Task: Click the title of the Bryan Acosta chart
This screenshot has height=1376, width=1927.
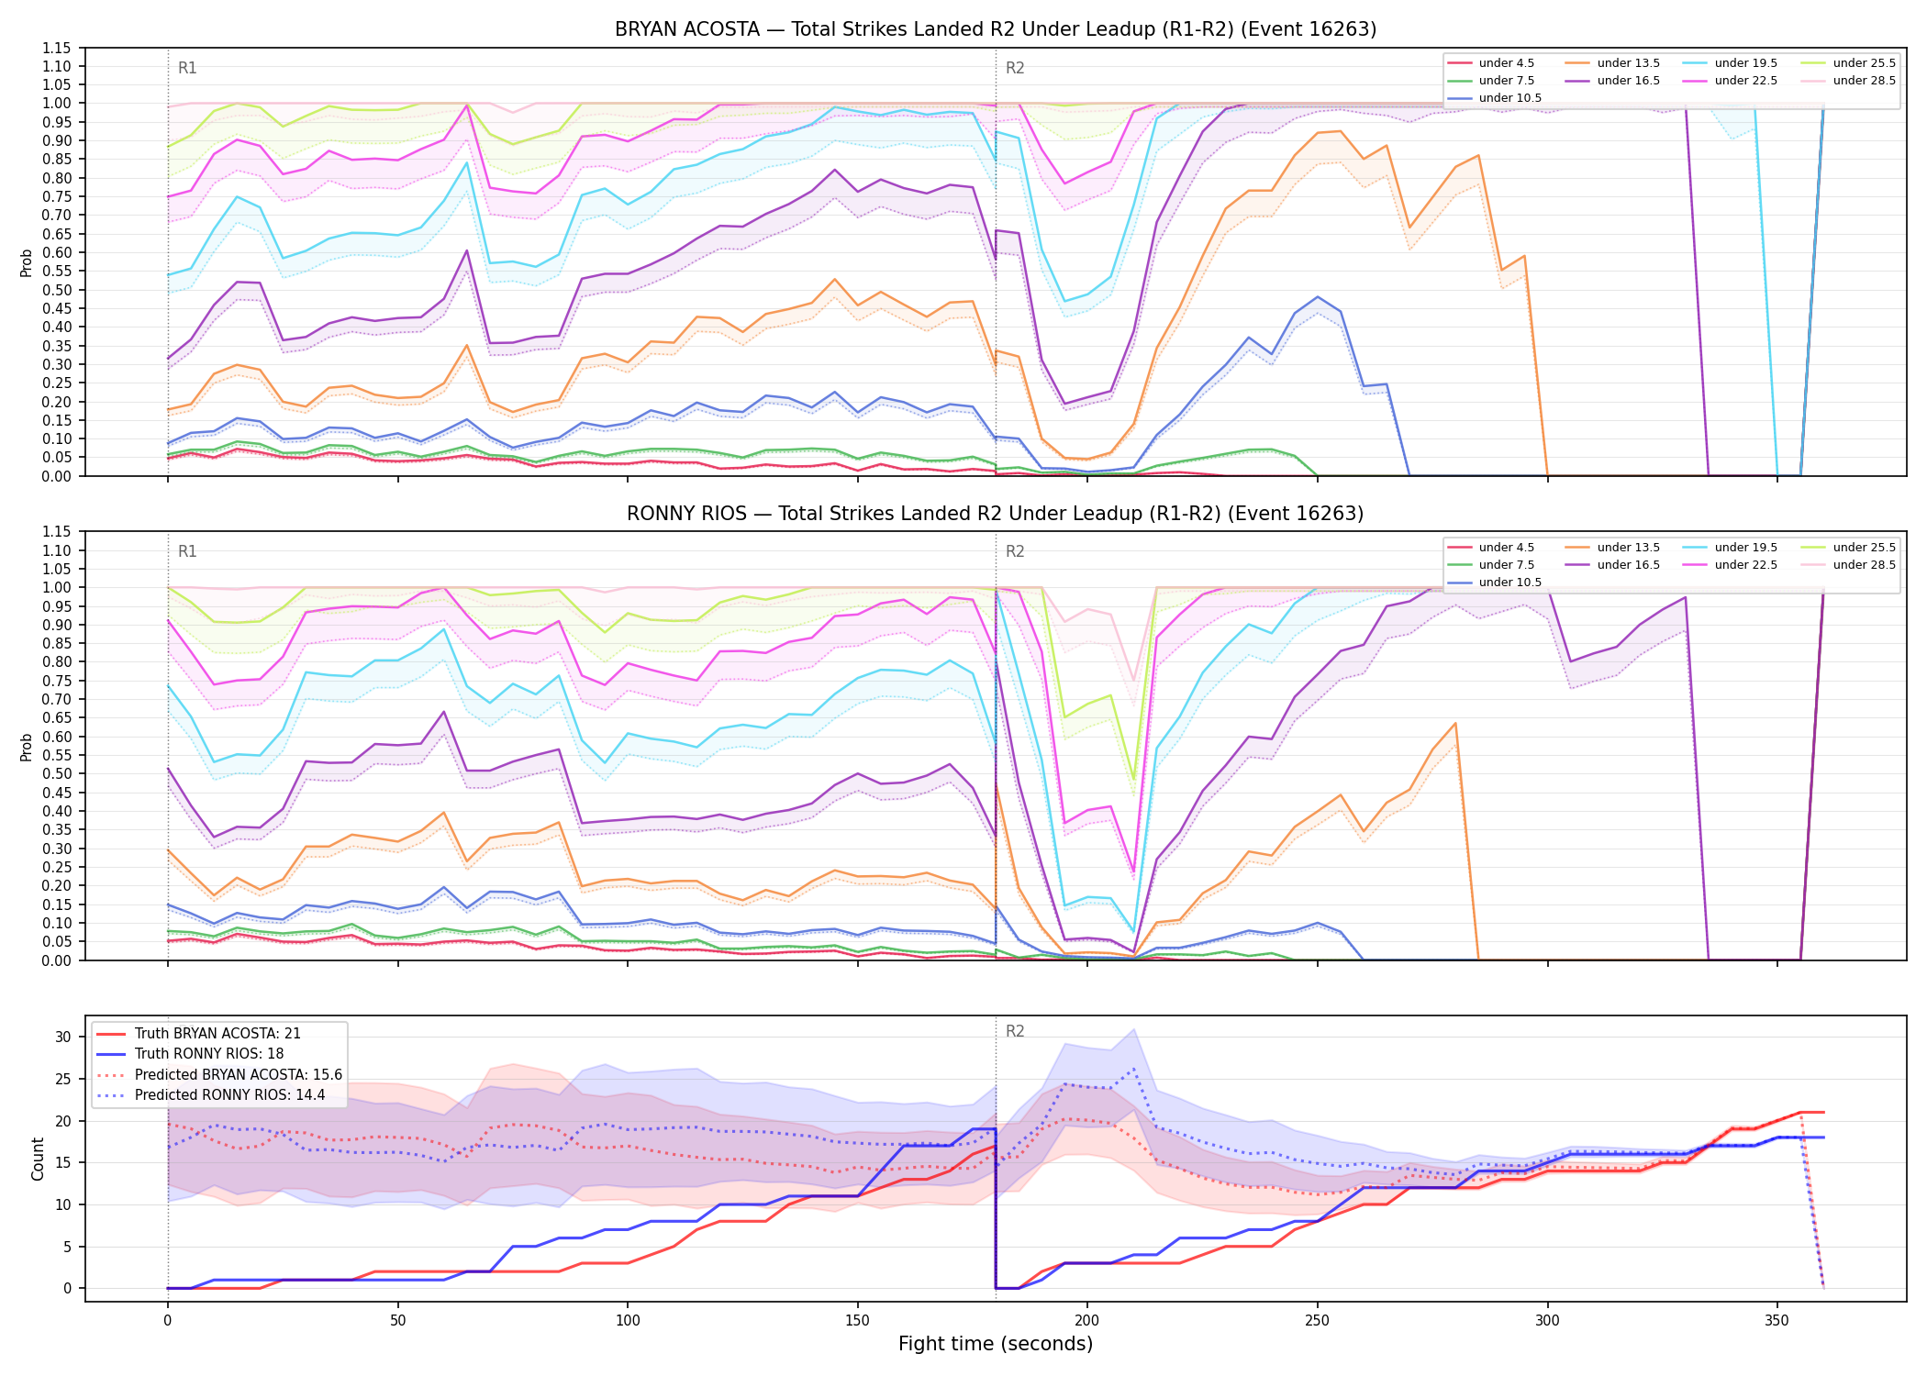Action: (996, 29)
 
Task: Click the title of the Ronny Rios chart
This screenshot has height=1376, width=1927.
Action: (996, 514)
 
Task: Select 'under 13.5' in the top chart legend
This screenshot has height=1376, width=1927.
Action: (1629, 63)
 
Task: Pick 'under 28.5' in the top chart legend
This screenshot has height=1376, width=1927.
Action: (1864, 81)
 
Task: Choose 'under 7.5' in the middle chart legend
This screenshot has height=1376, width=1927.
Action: (1507, 565)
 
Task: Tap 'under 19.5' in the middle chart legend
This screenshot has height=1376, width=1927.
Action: (1746, 548)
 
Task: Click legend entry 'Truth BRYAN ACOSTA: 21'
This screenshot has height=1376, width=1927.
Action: (217, 1034)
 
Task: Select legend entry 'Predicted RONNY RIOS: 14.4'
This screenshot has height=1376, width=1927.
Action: (229, 1094)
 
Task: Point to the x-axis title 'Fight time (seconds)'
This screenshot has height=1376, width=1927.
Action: (996, 1344)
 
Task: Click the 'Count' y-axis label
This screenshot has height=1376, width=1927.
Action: (38, 1159)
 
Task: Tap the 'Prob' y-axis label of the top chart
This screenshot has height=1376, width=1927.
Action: (27, 262)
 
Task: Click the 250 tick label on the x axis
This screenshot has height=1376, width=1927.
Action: (1317, 1321)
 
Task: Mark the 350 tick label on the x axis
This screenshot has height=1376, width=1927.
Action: (1777, 1321)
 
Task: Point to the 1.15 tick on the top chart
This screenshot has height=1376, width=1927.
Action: (57, 48)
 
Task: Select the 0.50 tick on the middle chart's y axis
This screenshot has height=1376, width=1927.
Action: (57, 774)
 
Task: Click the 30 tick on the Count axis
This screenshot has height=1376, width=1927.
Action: (62, 1038)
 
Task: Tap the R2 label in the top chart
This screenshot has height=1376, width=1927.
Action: (1015, 68)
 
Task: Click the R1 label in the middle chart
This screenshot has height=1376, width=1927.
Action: (187, 551)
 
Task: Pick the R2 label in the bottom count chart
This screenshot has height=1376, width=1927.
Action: (1015, 1031)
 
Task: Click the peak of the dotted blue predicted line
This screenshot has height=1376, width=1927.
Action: (1134, 1069)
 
